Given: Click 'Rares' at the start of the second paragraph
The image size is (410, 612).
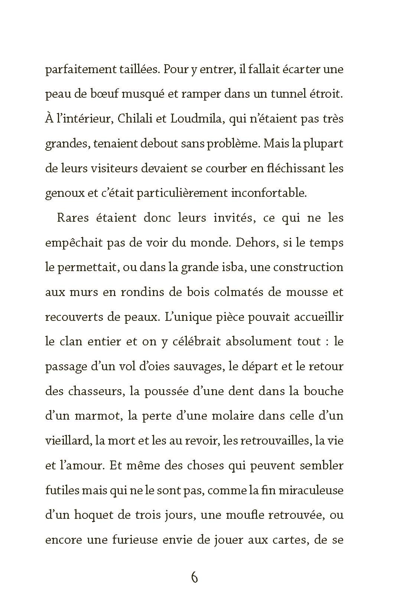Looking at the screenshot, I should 73,218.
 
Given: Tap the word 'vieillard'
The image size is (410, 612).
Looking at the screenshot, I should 68,441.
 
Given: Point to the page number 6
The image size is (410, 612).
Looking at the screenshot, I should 194,578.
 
